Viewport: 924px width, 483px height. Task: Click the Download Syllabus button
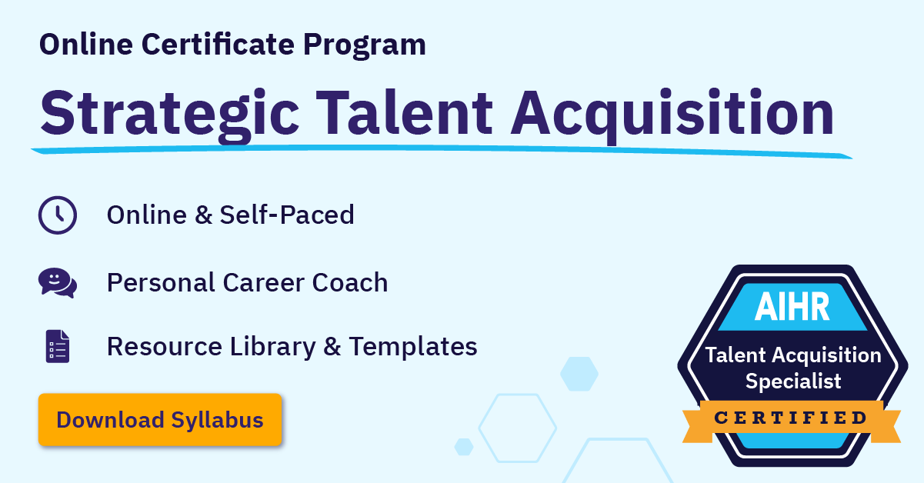160,420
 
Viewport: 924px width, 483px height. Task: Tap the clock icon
58,215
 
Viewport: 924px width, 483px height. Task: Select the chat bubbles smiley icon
58,282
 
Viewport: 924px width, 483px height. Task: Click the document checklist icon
58,346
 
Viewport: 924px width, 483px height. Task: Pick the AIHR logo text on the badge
792,307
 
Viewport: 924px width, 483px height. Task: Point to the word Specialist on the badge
793,380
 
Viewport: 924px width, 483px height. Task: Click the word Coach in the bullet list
350,282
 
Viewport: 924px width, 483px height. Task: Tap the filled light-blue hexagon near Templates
579,373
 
